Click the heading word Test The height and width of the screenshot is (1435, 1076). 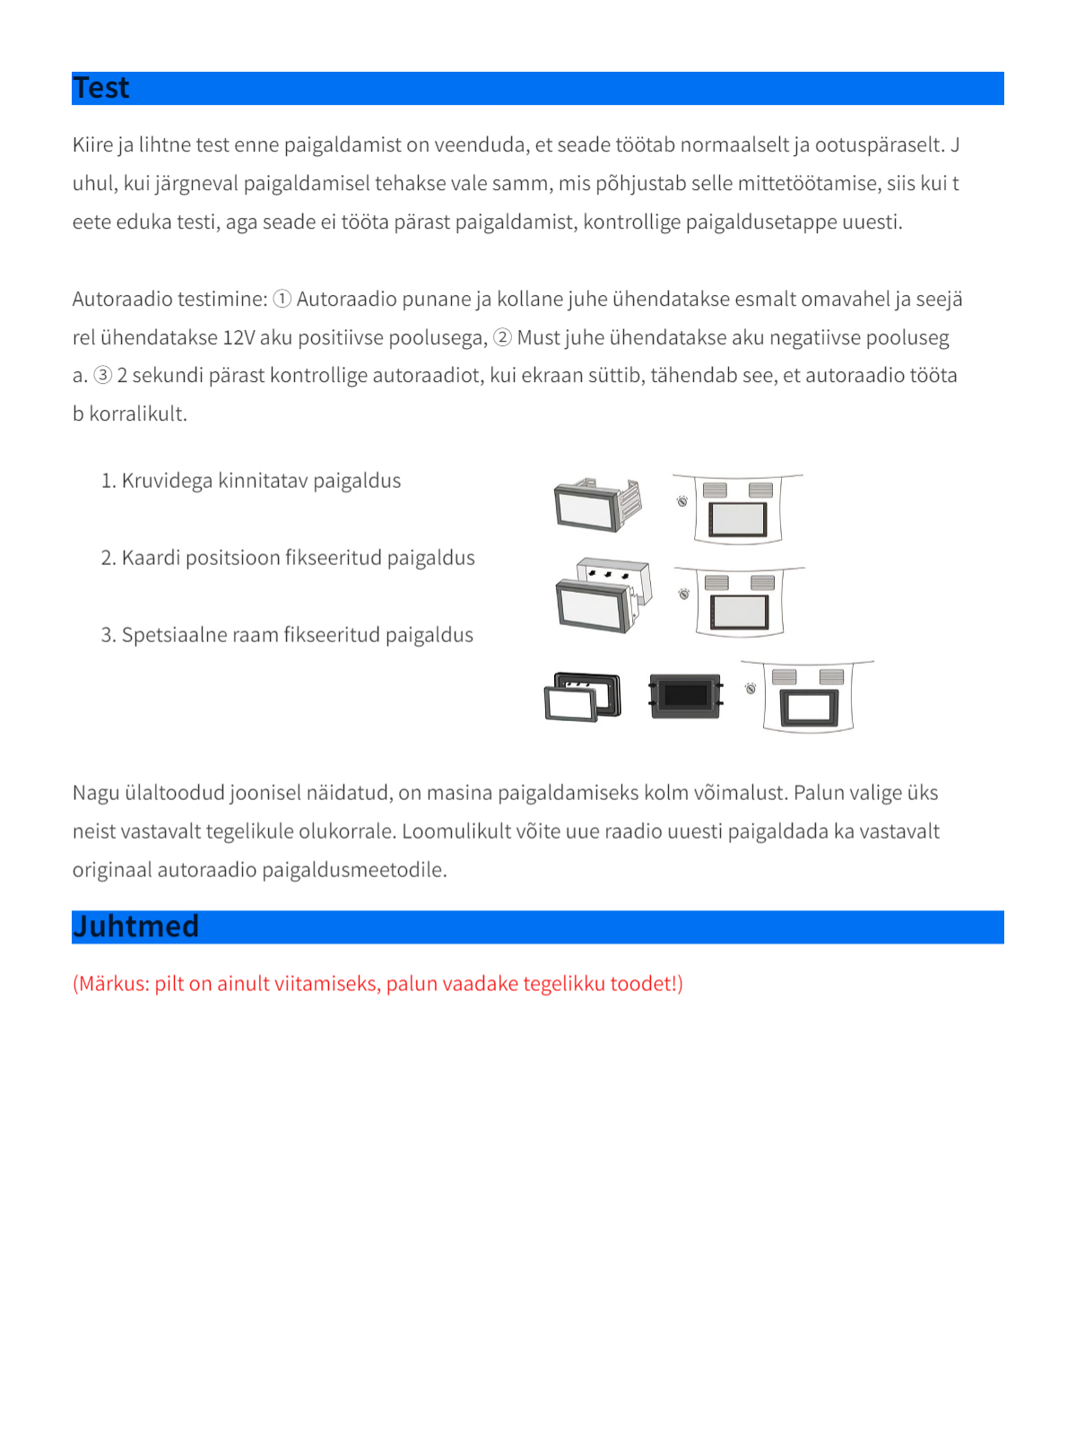pos(101,88)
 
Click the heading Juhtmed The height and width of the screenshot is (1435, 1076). pos(135,926)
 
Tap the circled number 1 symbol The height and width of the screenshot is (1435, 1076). pos(282,299)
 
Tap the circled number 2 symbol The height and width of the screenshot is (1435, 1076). pos(502,337)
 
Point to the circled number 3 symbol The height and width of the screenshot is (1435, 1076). pos(103,375)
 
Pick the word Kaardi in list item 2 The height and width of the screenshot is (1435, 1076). pos(151,558)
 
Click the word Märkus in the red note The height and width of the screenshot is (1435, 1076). pos(113,984)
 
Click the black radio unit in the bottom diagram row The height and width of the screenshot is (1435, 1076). pos(686,696)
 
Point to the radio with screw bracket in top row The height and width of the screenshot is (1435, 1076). pos(596,505)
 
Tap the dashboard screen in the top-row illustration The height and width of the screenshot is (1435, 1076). pos(738,518)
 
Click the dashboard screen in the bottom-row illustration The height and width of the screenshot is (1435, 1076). pos(809,709)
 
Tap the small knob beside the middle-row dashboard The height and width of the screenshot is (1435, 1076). pos(684,594)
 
